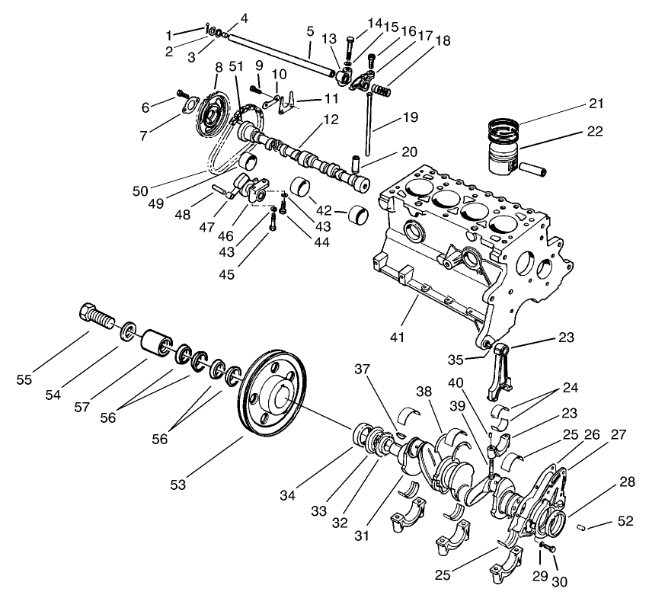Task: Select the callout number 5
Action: pos(310,32)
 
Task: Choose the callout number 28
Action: pos(626,483)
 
